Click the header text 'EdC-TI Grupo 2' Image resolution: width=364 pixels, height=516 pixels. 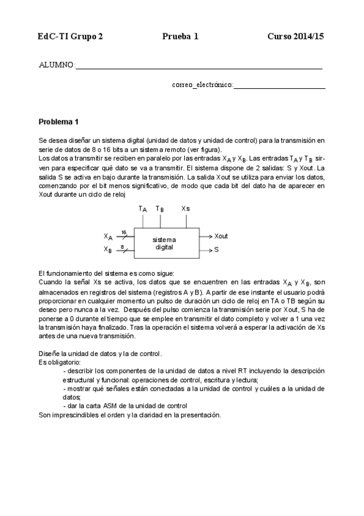[x=70, y=37]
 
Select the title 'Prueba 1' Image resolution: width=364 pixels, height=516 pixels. [x=180, y=37]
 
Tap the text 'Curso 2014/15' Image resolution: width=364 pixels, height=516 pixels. [x=295, y=37]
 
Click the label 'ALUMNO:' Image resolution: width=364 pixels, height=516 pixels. [x=57, y=65]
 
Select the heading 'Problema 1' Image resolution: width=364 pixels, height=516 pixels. [x=59, y=122]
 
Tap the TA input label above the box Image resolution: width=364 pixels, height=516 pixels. [x=143, y=209]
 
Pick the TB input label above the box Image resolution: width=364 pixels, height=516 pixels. [x=160, y=209]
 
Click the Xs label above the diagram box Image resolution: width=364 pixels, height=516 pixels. [x=185, y=209]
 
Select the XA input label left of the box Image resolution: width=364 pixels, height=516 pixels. [x=108, y=237]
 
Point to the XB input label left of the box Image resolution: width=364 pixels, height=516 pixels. [x=108, y=249]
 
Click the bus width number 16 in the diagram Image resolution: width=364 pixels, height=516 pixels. [x=123, y=232]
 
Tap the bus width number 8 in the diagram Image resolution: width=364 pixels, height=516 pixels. [x=123, y=246]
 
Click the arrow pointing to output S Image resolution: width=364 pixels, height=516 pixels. [x=207, y=250]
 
